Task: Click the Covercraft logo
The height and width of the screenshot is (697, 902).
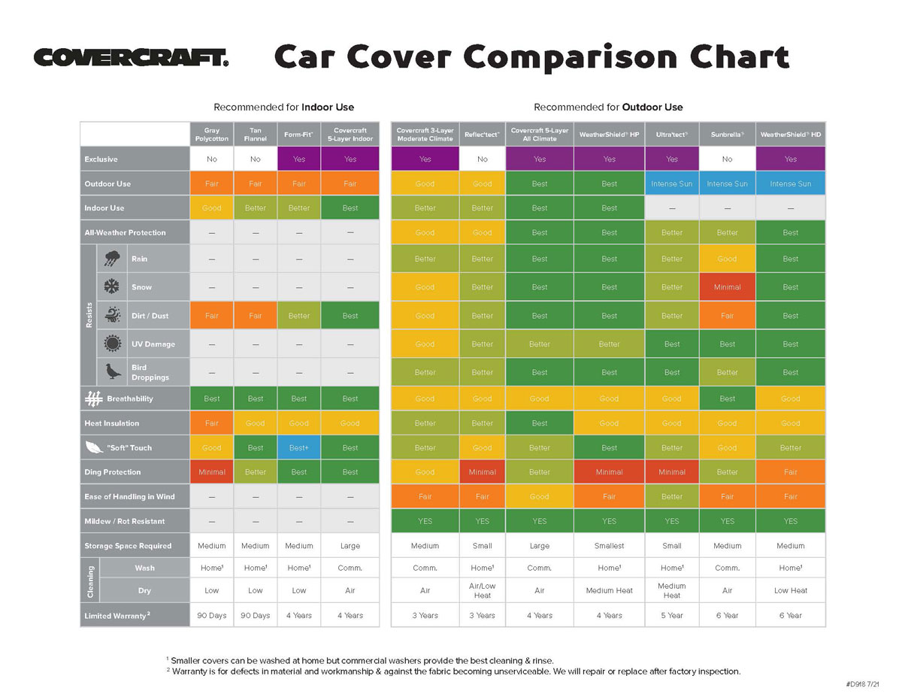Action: (131, 58)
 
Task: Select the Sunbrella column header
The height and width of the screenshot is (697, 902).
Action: (727, 135)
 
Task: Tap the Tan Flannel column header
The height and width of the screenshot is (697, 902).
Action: (256, 135)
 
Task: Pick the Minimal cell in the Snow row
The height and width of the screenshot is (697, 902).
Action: (727, 287)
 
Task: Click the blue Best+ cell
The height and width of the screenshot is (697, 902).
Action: (299, 447)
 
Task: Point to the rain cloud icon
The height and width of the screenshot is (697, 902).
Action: (113, 259)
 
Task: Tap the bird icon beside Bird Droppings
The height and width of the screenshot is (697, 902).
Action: (113, 372)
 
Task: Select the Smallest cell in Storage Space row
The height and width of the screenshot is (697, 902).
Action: (609, 546)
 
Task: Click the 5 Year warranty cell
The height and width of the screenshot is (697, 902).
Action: (672, 615)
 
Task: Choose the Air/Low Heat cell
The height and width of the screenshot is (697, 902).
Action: (482, 590)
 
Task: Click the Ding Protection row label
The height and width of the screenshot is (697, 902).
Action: (113, 472)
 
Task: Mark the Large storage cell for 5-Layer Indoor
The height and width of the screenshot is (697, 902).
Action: (350, 546)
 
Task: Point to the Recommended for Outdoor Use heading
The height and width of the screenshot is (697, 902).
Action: (608, 108)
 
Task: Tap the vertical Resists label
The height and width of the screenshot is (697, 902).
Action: (89, 315)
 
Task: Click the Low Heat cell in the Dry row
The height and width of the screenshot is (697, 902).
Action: (791, 590)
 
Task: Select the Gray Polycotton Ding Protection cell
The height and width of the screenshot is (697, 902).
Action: (212, 472)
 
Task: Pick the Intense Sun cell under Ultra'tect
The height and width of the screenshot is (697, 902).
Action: (672, 183)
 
